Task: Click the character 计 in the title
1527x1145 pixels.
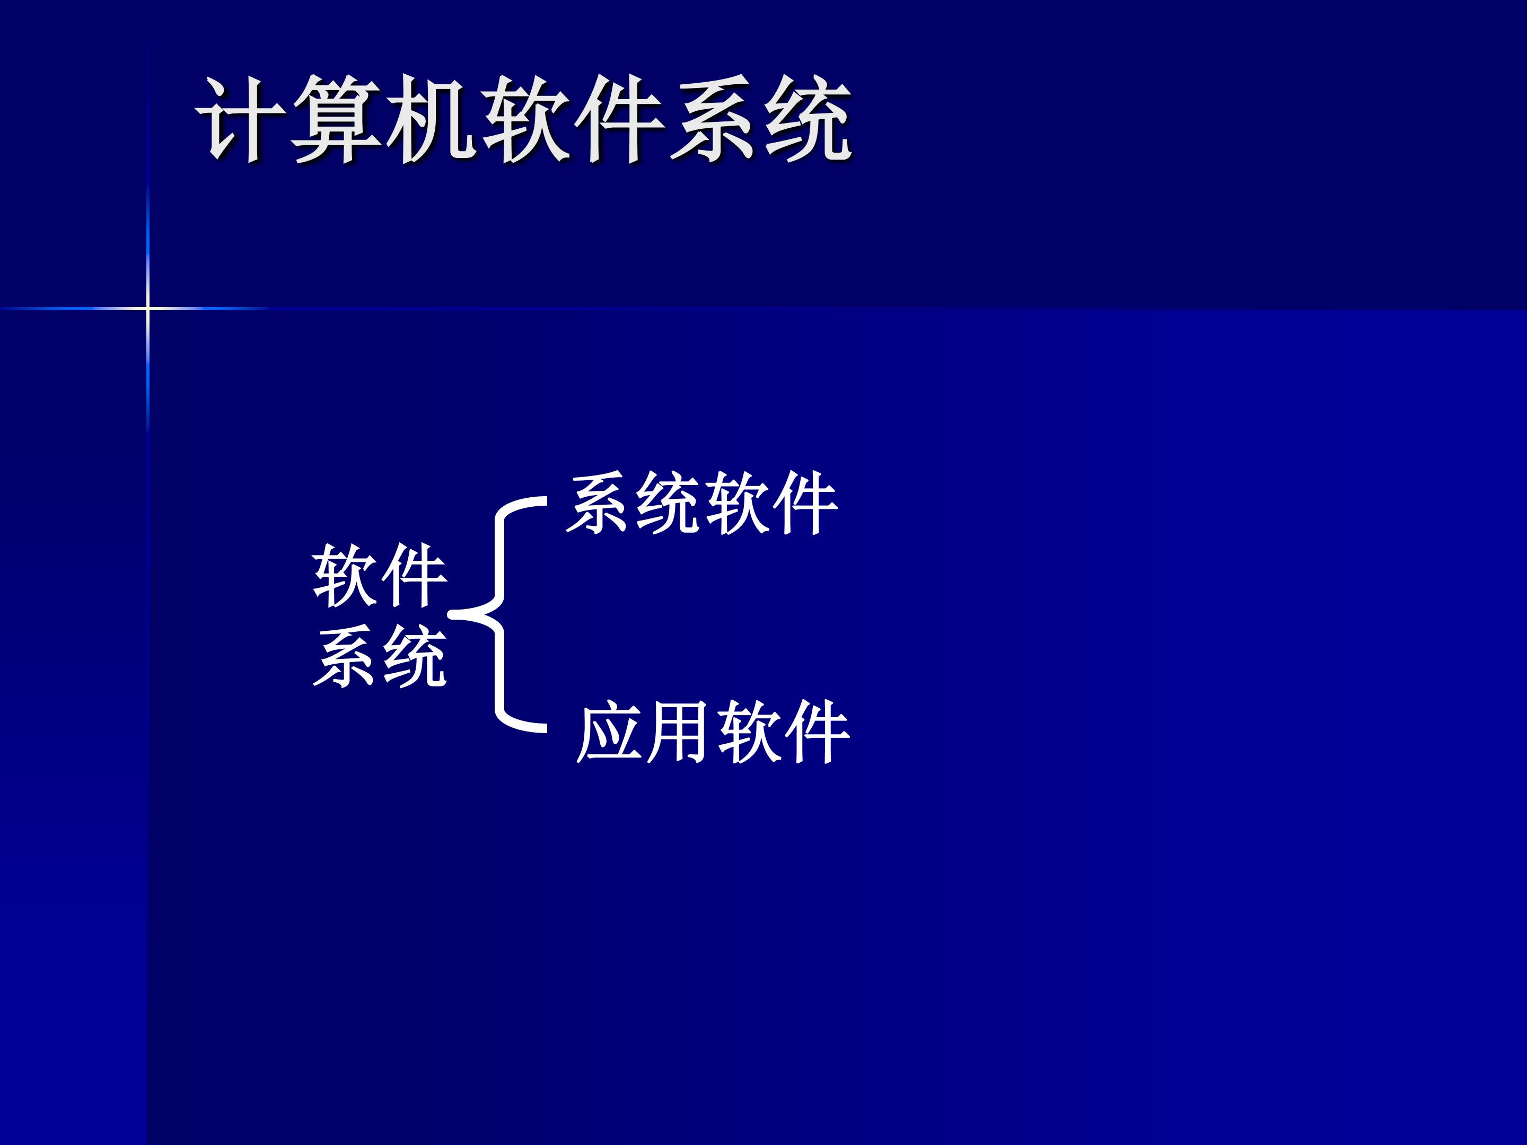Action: [240, 119]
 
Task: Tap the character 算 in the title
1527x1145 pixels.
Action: [336, 119]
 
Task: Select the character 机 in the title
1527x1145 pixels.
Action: [432, 119]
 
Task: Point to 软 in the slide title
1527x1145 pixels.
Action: [526, 119]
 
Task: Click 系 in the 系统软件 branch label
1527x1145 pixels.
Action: [599, 504]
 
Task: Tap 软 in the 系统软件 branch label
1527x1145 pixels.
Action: [736, 504]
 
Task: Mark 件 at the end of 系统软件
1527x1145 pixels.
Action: [804, 504]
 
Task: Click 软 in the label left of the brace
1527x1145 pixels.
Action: [345, 576]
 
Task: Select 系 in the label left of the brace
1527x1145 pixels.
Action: [345, 657]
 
